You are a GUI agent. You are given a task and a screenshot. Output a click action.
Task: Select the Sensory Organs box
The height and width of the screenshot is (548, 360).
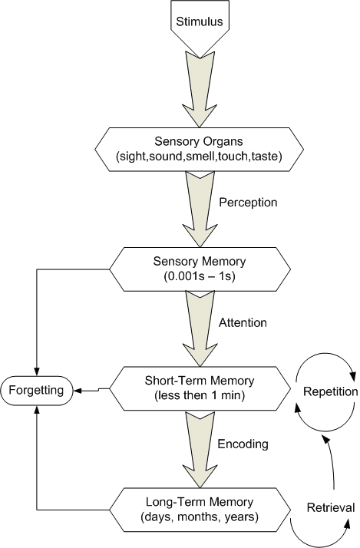(199, 149)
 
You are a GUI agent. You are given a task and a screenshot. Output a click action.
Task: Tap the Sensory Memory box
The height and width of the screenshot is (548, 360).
(200, 269)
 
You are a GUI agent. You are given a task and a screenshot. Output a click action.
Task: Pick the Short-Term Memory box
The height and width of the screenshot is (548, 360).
(200, 388)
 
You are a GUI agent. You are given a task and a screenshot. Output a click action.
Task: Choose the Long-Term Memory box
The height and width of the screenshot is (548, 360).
(200, 510)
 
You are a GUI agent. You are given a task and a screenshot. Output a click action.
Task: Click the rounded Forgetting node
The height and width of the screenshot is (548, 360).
(36, 391)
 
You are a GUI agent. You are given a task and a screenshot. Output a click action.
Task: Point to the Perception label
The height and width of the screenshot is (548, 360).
(248, 203)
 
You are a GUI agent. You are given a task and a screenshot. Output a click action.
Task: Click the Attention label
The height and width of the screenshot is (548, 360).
(243, 322)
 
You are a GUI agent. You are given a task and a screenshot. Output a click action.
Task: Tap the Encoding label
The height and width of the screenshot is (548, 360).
(243, 444)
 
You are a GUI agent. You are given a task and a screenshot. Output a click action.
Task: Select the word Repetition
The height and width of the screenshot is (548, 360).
(330, 391)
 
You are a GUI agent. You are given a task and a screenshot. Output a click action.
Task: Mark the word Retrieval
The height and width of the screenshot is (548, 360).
(331, 507)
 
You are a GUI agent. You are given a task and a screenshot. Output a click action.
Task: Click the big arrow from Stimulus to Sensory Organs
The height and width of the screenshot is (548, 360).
(200, 89)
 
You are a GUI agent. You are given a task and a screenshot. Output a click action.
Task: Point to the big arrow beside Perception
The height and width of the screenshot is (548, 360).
(200, 209)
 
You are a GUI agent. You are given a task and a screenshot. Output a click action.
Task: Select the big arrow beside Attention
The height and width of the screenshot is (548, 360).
(200, 328)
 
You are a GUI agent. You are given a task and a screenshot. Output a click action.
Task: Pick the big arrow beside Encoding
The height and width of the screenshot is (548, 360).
(200, 450)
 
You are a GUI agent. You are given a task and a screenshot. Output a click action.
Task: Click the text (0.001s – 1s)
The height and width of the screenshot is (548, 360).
(200, 277)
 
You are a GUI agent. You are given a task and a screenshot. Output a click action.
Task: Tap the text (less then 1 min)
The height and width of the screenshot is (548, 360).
(200, 395)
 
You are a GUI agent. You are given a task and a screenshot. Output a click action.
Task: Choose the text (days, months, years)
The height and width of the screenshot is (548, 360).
(200, 517)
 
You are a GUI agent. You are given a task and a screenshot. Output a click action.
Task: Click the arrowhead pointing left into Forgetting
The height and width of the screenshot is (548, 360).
(77, 391)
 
